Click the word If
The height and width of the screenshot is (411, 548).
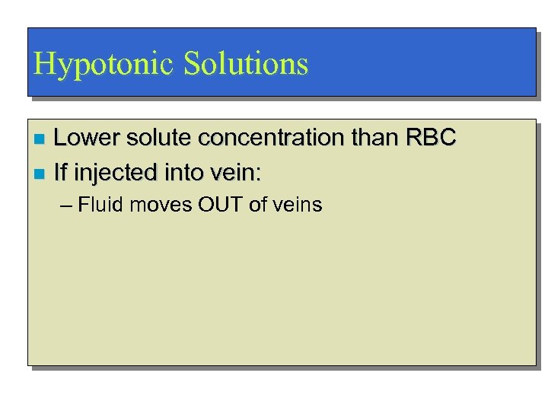(60, 174)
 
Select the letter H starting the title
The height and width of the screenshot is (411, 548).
(43, 64)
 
